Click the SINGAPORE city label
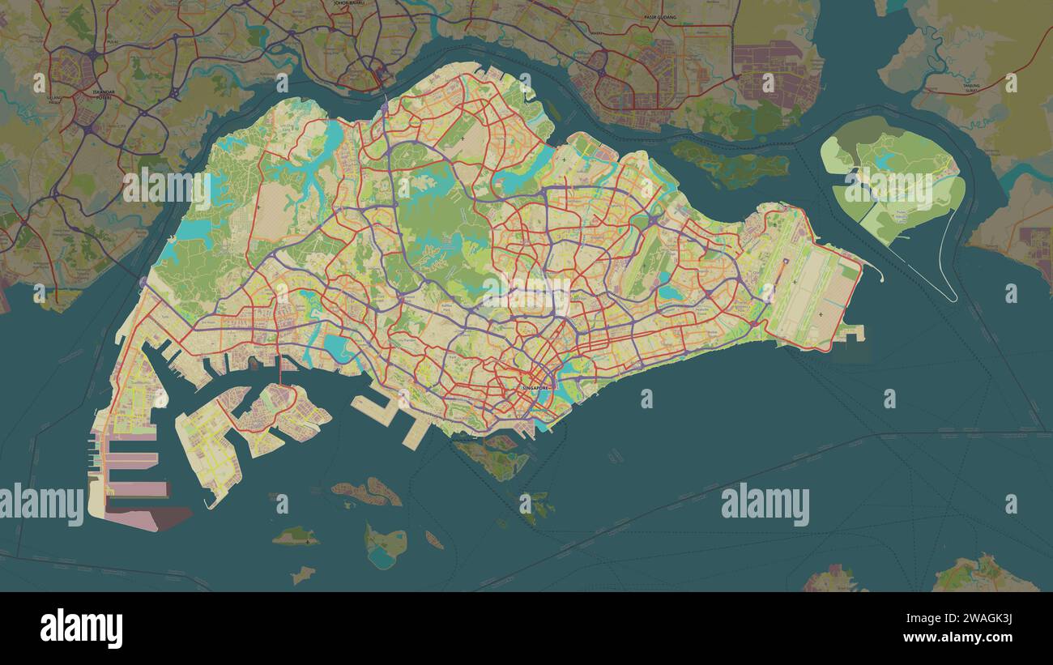coord(535,389)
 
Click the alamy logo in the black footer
coord(81,629)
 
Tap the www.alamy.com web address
coord(954,638)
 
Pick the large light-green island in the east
coord(891,182)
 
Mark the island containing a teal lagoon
coord(384,548)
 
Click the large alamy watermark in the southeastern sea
coord(765,504)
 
